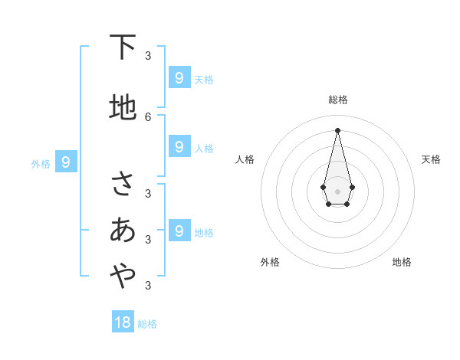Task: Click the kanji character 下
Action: coord(123,47)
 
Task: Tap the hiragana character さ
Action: coord(123,185)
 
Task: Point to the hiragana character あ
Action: coord(123,230)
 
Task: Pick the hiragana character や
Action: coord(123,277)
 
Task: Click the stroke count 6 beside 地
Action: coord(148,116)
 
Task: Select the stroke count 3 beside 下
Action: coord(148,55)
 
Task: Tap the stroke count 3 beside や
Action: coord(148,285)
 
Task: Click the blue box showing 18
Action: coord(123,322)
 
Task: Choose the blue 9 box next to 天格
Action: coord(179,78)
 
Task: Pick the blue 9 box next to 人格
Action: coord(179,146)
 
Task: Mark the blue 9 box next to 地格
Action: coord(179,231)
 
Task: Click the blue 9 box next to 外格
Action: coord(66,162)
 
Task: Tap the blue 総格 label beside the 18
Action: coord(147,324)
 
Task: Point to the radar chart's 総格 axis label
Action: coord(337,100)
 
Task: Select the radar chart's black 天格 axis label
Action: coord(431,159)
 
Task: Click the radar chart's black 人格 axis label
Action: coord(245,159)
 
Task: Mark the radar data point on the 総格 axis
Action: coord(337,129)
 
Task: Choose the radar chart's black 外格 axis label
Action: coord(270,262)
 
